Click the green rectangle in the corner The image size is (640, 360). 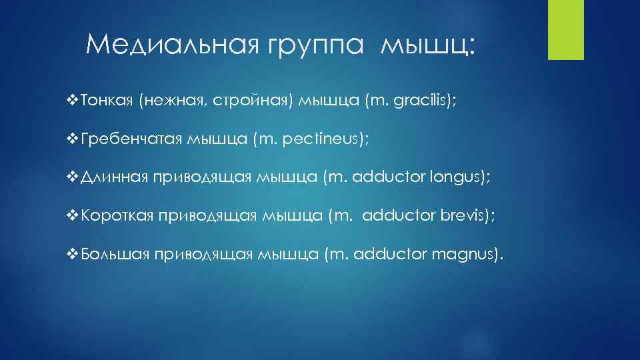565,29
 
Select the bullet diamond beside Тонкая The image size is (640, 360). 73,101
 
